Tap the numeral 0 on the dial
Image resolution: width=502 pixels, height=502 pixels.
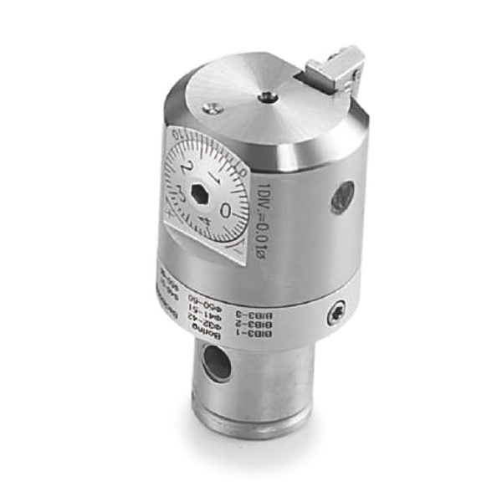pyautogui.click(x=225, y=210)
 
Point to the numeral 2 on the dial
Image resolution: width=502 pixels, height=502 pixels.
pyautogui.click(x=186, y=166)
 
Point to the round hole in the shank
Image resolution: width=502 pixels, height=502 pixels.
pyautogui.click(x=217, y=364)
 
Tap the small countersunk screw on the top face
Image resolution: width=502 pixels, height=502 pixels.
pyautogui.click(x=215, y=106)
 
